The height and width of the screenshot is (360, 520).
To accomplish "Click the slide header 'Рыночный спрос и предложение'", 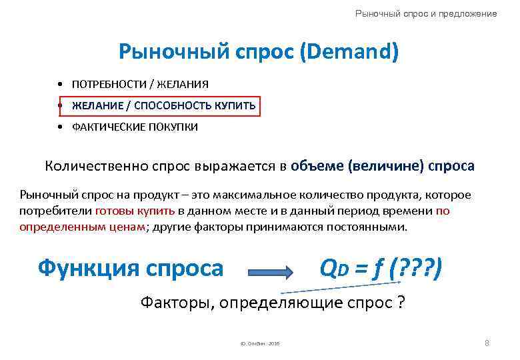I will tap(426, 13).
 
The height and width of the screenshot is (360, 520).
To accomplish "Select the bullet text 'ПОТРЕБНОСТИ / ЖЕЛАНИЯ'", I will tap(140, 84).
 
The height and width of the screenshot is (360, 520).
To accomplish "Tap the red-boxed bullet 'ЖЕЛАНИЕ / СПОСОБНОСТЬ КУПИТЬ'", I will tap(163, 105).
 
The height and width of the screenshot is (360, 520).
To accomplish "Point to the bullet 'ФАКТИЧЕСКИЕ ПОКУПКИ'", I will tap(135, 127).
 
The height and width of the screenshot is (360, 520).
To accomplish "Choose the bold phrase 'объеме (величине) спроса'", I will tap(383, 166).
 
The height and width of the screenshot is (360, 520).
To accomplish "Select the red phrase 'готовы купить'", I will tap(135, 211).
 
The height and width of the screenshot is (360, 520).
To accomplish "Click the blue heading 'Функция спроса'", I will tap(131, 268).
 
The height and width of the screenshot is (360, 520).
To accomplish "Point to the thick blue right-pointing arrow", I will tap(270, 271).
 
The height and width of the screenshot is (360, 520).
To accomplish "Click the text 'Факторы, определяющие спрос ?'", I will tap(273, 302).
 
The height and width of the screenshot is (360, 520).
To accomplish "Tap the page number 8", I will tap(487, 343).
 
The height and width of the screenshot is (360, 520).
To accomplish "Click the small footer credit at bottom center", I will tap(256, 343).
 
